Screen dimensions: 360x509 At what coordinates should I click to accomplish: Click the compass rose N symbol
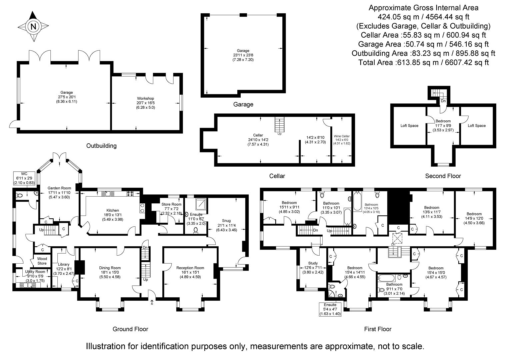tap(33, 26)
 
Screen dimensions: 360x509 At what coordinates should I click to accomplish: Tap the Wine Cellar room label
tap(342, 136)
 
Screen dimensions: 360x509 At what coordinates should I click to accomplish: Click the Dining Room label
tap(110, 268)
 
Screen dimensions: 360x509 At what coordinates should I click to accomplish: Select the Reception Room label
tap(190, 268)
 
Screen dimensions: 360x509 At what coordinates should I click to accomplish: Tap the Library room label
tap(63, 264)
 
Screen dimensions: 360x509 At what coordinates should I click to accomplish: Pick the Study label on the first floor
tap(313, 263)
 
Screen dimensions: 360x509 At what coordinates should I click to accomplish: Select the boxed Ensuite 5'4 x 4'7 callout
tap(330, 309)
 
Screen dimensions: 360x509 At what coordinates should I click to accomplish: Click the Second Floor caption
tap(443, 176)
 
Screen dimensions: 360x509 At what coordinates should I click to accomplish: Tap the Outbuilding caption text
tap(101, 146)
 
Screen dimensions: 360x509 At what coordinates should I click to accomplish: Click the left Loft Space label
tap(409, 126)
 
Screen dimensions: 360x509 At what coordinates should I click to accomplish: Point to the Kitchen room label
tap(113, 210)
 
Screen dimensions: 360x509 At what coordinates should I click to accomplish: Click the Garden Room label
tap(59, 188)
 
